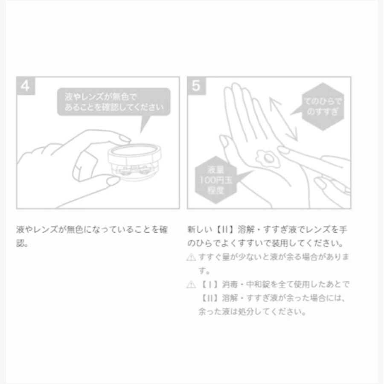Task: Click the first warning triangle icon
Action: pos(191,258)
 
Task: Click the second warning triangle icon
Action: pos(191,285)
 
